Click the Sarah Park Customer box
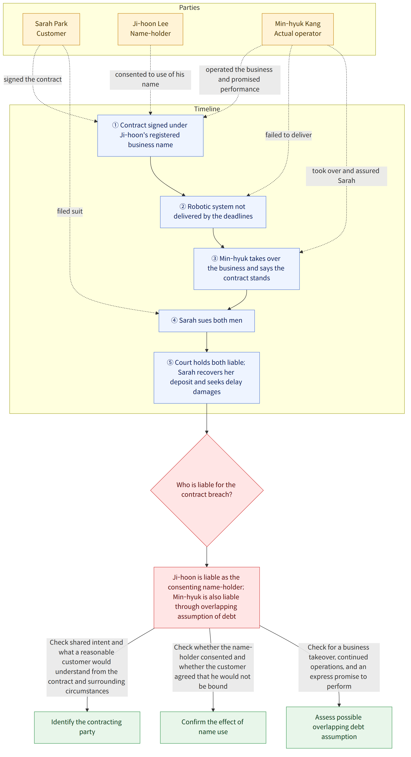(x=51, y=29)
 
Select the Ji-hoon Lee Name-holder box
(x=150, y=29)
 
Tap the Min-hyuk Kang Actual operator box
(x=298, y=29)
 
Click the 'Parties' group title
(x=189, y=8)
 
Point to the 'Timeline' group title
(x=207, y=109)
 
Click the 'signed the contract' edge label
(x=33, y=79)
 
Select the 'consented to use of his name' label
(x=150, y=80)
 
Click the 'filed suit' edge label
(x=70, y=211)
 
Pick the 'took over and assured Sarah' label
(x=346, y=176)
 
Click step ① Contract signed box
(x=150, y=135)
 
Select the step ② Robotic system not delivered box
(x=213, y=212)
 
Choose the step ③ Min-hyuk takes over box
(x=247, y=269)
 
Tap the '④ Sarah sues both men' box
(x=207, y=321)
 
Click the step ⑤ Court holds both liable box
(x=207, y=378)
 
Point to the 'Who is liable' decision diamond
(x=207, y=490)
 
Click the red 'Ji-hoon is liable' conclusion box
(x=207, y=597)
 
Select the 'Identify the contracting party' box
(x=87, y=727)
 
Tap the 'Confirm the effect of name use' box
(x=213, y=727)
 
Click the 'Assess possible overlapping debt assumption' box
(x=339, y=727)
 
